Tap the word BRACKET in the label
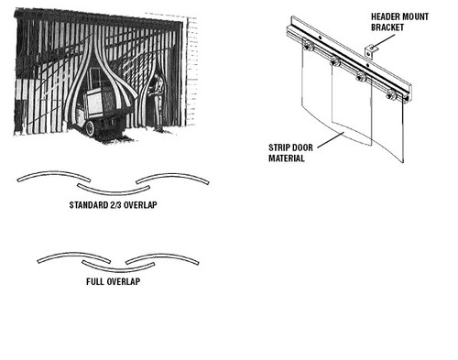[x=387, y=27]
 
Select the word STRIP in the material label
[x=278, y=147]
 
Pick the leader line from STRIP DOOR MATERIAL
[x=332, y=141]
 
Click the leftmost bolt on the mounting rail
[x=308, y=47]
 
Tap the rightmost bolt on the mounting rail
[x=391, y=95]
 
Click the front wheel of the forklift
[x=90, y=128]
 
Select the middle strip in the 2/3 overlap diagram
[x=114, y=190]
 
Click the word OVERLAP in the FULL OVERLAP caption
[x=124, y=281]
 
